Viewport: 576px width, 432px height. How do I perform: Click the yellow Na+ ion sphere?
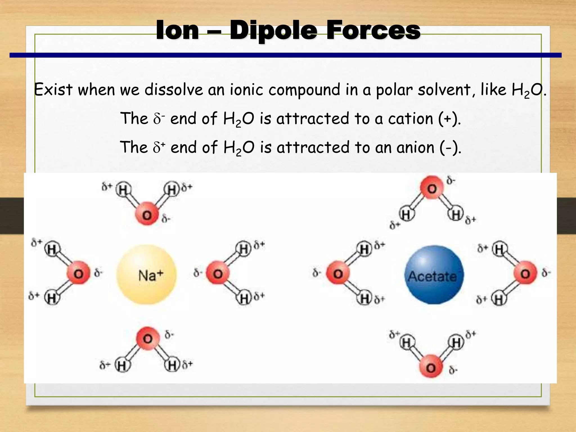click(x=147, y=274)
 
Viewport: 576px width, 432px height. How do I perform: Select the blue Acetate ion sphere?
click(x=434, y=275)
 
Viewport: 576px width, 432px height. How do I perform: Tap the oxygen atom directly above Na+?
click(x=147, y=215)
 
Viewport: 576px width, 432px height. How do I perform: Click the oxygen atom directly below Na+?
click(x=148, y=338)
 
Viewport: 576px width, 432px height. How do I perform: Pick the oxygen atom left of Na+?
click(x=78, y=273)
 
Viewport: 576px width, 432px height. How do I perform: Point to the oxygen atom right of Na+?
click(x=218, y=273)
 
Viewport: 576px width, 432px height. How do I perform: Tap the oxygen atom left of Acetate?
click(x=338, y=273)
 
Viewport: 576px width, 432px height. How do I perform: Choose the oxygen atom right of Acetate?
click(x=525, y=273)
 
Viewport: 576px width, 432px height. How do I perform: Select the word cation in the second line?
click(x=410, y=118)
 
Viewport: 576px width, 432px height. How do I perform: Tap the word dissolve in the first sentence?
click(x=174, y=90)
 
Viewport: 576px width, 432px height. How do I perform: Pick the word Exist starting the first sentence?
click(x=53, y=90)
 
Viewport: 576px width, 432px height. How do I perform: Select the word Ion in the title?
click(x=177, y=30)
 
